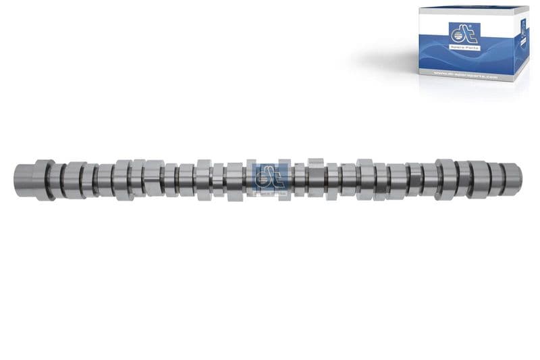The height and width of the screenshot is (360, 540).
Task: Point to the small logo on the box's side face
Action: pyautogui.click(x=523, y=28)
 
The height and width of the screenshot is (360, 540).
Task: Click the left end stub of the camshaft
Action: pyautogui.click(x=23, y=180)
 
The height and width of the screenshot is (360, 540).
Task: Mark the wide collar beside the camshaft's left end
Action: pyautogui.click(x=44, y=180)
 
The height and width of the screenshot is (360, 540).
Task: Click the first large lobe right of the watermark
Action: pyautogui.click(x=316, y=179)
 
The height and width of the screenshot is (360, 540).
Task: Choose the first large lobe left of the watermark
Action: pyautogui.click(x=205, y=180)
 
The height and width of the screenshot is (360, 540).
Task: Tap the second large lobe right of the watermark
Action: pyautogui.click(x=364, y=179)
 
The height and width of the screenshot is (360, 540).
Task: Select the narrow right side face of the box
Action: pyautogui.click(x=523, y=47)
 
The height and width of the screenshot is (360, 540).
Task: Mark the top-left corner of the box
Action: pyautogui.click(x=419, y=8)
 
